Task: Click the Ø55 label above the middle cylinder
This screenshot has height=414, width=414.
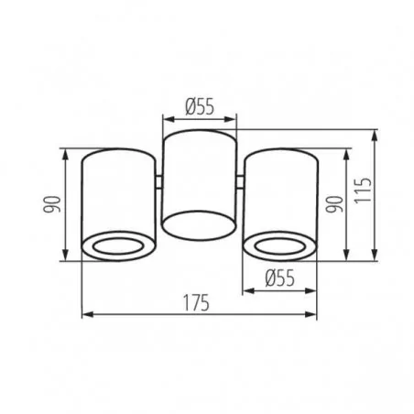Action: (x=199, y=107)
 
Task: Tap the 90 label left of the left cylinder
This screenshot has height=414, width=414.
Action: (x=53, y=204)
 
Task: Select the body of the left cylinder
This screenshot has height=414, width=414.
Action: (x=119, y=192)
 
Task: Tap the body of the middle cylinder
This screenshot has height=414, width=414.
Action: (x=199, y=174)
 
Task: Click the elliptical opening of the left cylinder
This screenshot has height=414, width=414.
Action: (x=119, y=245)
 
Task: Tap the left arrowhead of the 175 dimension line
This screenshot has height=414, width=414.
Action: (x=86, y=315)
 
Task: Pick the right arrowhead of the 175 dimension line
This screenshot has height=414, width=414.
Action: (x=314, y=315)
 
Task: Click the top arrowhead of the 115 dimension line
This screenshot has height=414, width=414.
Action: (x=375, y=132)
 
